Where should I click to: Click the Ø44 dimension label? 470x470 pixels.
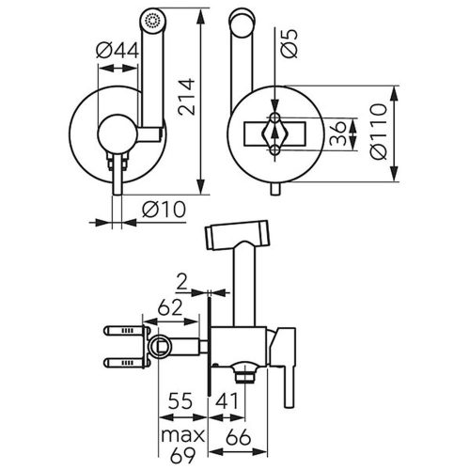pos(117,50)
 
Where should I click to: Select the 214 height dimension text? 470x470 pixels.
pos(186,98)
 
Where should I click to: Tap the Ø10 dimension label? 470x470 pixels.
pos(164,209)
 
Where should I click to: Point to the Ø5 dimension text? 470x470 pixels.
pos(289,43)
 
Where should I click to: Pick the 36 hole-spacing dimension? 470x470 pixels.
pos(338,133)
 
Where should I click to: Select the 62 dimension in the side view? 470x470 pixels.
pos(169,307)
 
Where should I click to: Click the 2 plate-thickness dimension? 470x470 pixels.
pos(181,282)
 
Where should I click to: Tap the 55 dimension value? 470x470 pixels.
pos(180,400)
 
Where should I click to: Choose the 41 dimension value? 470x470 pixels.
pos(227,400)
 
